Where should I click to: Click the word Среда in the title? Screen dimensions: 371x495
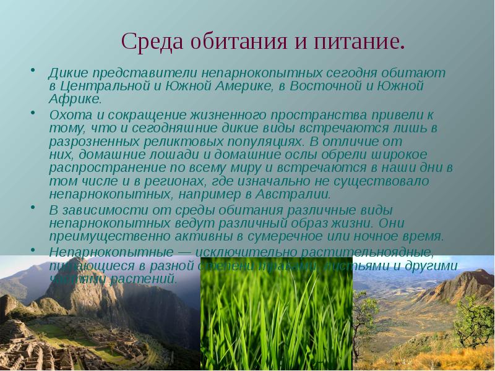(147, 41)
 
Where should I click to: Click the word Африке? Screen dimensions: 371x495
(74, 98)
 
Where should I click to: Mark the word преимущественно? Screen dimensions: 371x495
(98, 236)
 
